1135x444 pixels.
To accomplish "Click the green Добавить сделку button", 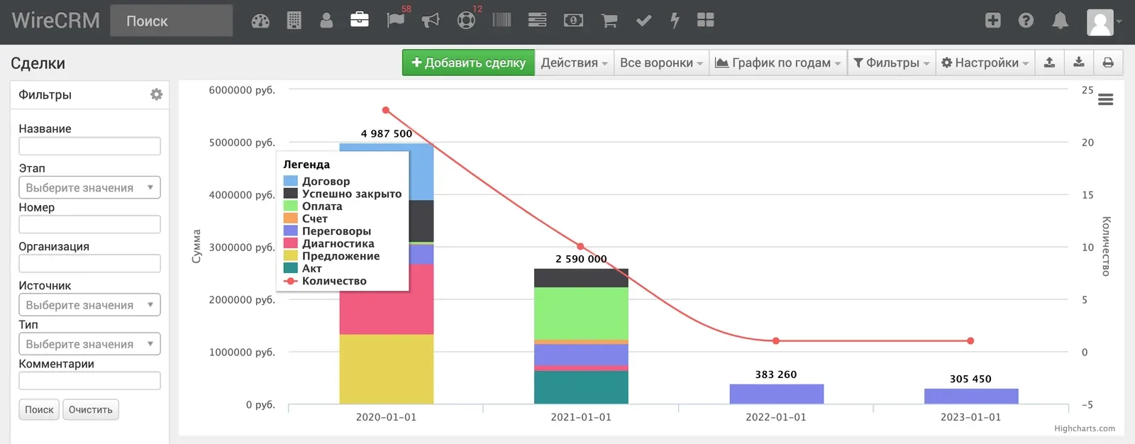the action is click(x=468, y=62).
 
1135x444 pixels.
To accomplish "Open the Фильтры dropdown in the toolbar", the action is click(x=891, y=62).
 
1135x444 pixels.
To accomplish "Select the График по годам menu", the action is click(x=777, y=62).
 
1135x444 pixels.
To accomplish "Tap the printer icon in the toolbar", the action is click(x=1108, y=62).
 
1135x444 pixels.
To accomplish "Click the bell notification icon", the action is click(x=1060, y=21).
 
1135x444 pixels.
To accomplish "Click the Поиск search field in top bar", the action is click(x=171, y=21).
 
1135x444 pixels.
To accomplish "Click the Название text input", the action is click(x=89, y=146).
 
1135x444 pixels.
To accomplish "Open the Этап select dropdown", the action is click(x=89, y=187).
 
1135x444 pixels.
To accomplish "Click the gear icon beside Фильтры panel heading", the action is click(x=156, y=94).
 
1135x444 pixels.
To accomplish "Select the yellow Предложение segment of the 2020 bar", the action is click(x=386, y=369).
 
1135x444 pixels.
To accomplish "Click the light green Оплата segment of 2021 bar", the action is click(x=581, y=313).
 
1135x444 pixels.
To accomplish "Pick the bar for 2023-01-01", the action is click(x=971, y=396).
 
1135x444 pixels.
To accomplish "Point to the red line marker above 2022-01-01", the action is click(x=776, y=341).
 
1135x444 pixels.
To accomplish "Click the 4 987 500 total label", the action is click(x=386, y=133).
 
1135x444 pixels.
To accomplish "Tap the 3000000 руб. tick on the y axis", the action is click(x=242, y=248).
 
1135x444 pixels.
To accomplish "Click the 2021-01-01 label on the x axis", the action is click(x=581, y=417).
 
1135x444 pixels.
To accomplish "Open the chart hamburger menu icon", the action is click(x=1106, y=99).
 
